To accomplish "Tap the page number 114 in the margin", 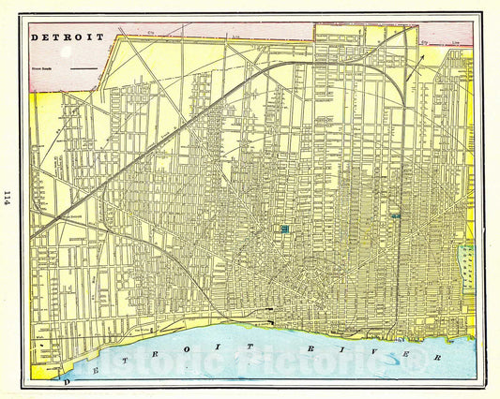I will coord(8,197).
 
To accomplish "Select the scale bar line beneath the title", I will coord(83,68).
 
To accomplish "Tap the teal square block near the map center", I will coord(283,228).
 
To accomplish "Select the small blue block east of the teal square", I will coord(396,215).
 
